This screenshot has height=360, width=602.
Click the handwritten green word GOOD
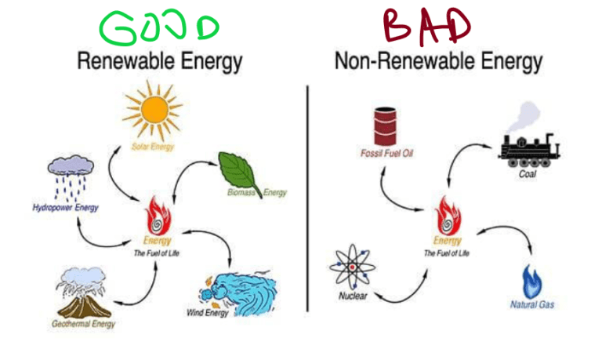coord(161,27)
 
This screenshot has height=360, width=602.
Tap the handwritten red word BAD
coord(428,26)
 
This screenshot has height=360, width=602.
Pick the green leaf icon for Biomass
coord(241,169)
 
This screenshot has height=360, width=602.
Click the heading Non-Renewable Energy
coord(438,61)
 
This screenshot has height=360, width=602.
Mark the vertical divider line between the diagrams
coord(306,196)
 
